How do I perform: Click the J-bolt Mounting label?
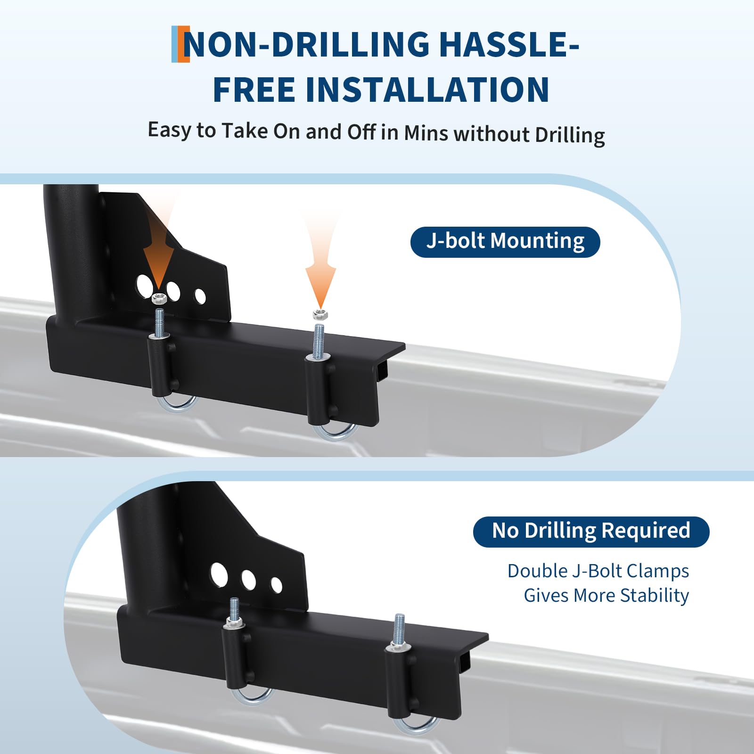[505, 242]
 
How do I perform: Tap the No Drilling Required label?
[591, 532]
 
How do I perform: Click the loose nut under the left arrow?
[159, 298]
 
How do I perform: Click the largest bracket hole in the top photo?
[145, 284]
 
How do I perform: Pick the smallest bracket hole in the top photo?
[200, 296]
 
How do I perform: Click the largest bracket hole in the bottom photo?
[219, 574]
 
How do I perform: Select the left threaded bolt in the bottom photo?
[234, 612]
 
